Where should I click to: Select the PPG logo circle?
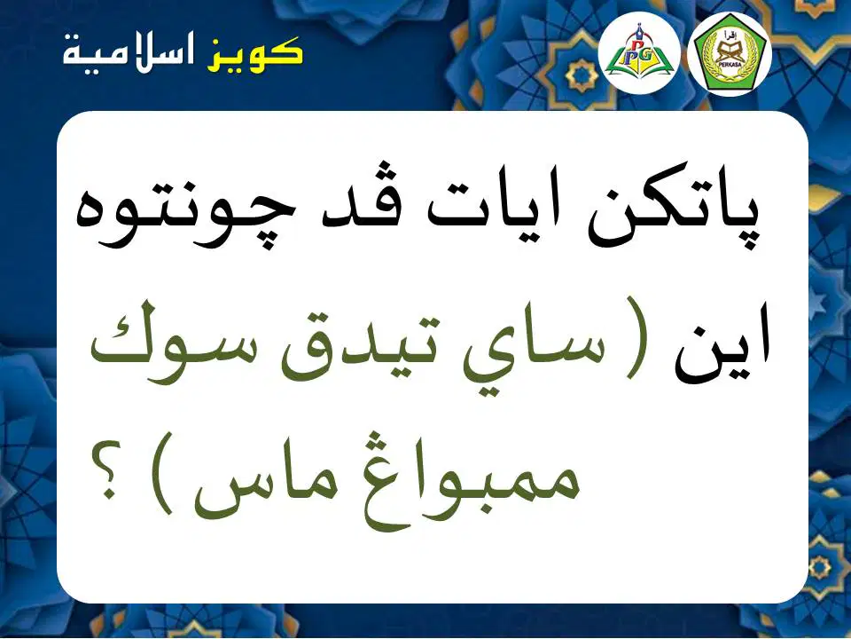point(639,53)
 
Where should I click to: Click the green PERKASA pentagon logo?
point(730,53)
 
